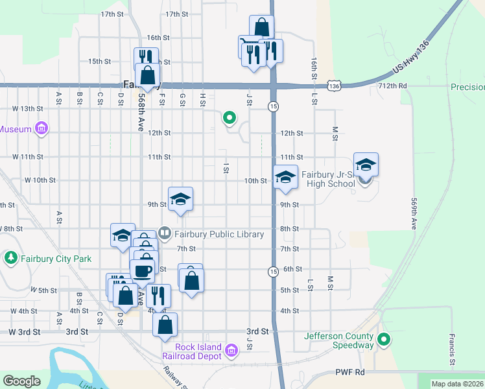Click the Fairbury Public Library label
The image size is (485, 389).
tap(219, 234)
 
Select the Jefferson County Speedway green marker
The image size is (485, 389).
tap(384, 338)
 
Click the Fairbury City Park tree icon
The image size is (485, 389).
tap(10, 259)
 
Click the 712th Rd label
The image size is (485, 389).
tap(394, 86)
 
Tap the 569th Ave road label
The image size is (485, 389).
tap(413, 214)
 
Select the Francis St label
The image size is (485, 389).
tap(451, 350)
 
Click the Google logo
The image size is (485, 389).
tap(21, 381)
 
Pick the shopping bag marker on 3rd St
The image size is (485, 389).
tap(165, 324)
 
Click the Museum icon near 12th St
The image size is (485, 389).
tap(42, 128)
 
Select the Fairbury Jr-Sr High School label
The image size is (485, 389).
tap(328, 179)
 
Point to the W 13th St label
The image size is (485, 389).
tap(27, 109)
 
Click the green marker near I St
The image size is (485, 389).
tap(229, 118)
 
